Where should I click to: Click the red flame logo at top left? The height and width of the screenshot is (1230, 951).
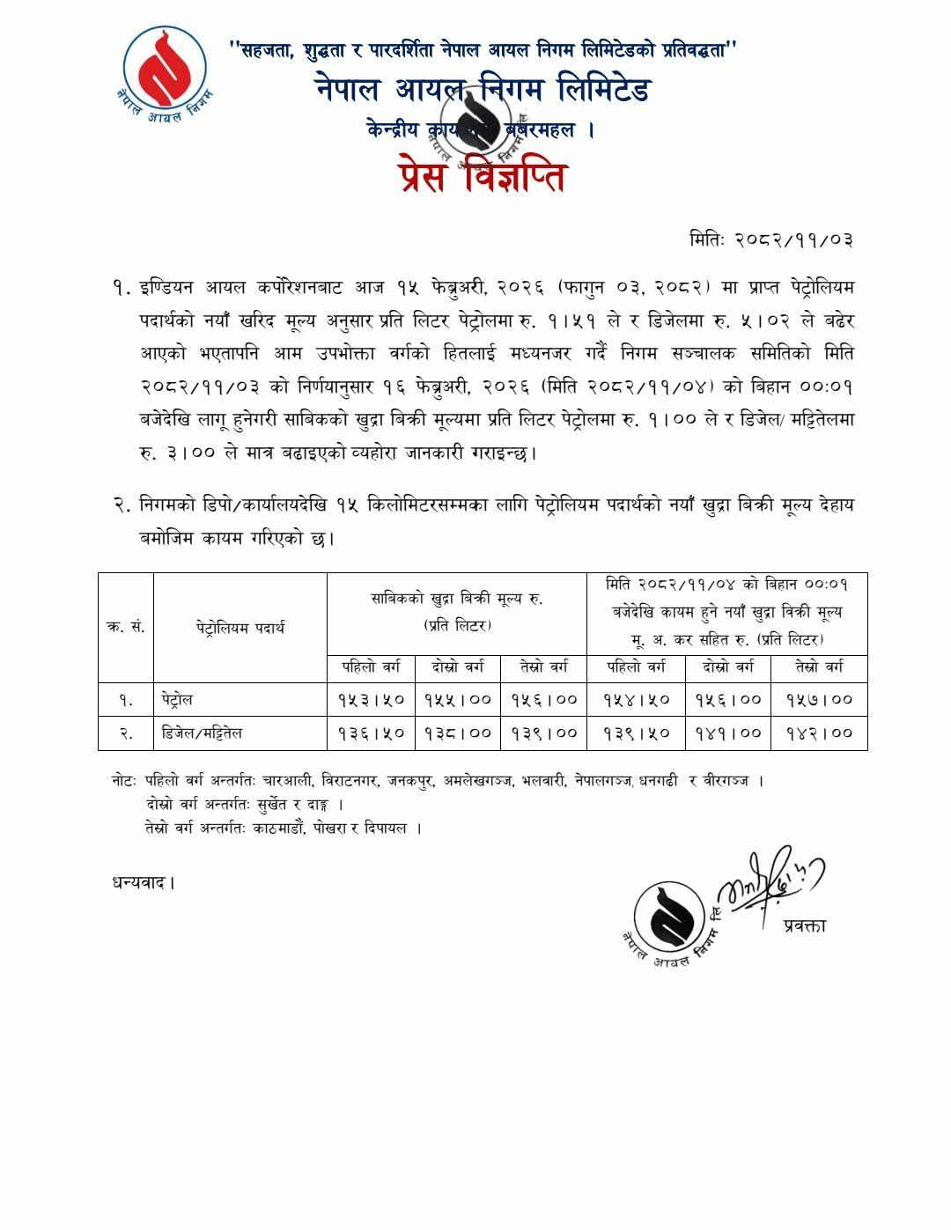click(x=164, y=68)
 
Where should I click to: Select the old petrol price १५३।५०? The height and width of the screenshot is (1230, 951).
click(x=371, y=700)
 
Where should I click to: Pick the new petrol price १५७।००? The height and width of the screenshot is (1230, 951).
click(x=819, y=700)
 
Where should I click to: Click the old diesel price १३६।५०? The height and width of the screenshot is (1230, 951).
click(x=371, y=733)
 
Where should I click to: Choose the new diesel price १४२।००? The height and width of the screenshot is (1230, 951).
click(x=819, y=733)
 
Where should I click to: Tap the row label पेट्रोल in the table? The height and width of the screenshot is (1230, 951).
click(x=177, y=700)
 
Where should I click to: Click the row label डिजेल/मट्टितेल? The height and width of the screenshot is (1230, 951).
click(x=203, y=733)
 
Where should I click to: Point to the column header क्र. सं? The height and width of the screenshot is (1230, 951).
click(x=126, y=628)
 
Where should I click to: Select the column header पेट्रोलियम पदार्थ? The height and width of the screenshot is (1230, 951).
click(x=240, y=628)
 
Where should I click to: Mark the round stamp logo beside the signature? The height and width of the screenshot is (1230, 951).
click(x=677, y=921)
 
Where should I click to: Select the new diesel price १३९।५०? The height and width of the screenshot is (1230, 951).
click(x=637, y=733)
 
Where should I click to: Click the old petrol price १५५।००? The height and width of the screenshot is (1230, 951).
click(x=457, y=700)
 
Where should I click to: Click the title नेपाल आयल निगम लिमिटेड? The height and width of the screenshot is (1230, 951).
click(x=482, y=90)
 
